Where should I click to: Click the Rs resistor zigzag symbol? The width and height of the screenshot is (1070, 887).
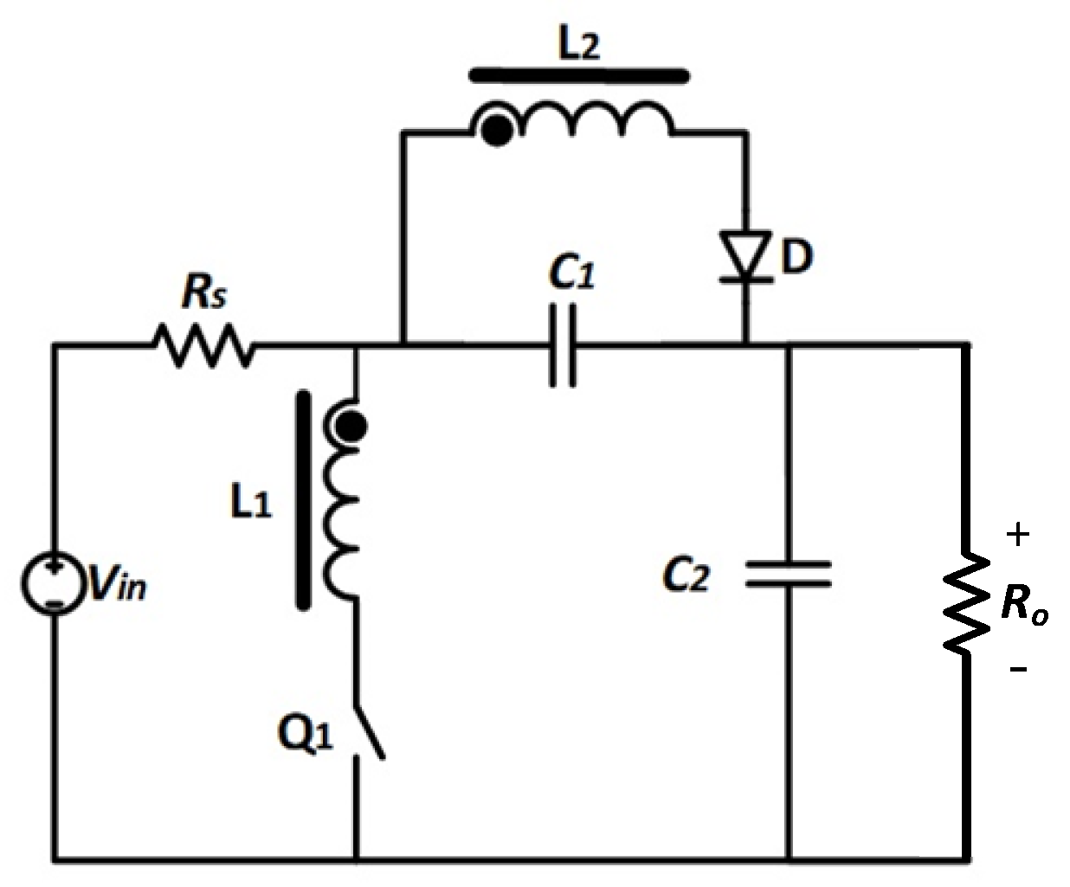coord(204,346)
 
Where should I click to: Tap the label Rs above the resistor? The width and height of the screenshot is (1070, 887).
coord(204,294)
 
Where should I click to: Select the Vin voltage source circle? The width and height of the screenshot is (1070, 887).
coord(54,584)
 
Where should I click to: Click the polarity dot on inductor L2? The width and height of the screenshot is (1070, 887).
coord(495,132)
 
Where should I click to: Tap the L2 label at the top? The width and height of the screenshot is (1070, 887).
coord(577,44)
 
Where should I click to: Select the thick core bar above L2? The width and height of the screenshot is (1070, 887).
coord(579,76)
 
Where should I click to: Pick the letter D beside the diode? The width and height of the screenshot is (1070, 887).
coord(796,257)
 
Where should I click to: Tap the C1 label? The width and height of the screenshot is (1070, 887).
coord(572,275)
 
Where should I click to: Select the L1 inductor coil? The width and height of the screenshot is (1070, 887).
coord(341,511)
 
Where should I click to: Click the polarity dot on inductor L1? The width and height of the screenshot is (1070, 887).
coord(351,426)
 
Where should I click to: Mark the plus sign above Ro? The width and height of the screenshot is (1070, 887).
coord(1018,535)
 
